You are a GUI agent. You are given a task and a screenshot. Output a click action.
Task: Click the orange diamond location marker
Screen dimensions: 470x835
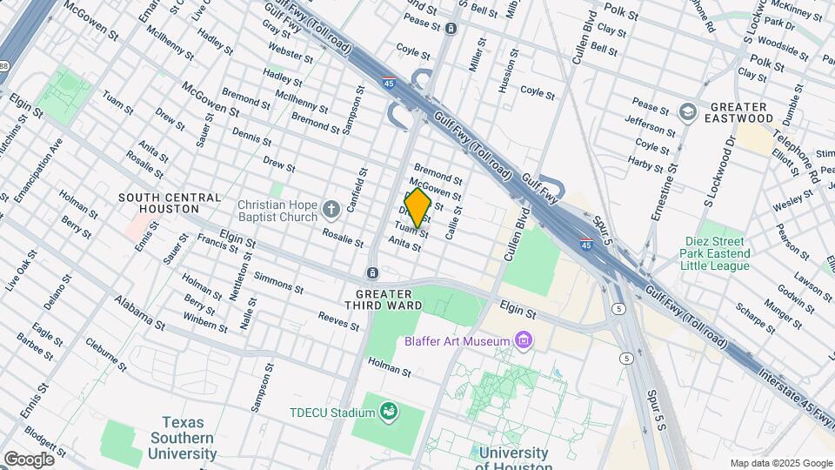coord(417,208)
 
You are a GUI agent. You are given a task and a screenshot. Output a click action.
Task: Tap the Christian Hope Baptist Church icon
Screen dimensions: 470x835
coord(331,209)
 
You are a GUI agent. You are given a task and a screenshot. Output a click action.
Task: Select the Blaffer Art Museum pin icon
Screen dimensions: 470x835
coord(524,339)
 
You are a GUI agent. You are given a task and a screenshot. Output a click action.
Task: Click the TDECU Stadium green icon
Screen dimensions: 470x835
coord(390,411)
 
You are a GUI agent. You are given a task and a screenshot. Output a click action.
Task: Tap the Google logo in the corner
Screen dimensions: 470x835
coord(29,459)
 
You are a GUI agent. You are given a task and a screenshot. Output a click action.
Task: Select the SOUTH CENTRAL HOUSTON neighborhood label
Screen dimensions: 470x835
coord(170,204)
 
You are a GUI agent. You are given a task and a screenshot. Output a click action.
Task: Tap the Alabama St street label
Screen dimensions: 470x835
coord(139,313)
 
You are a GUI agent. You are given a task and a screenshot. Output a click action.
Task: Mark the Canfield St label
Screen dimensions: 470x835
coord(353,191)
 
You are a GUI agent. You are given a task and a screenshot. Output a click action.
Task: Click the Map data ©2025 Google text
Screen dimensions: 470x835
coord(780,463)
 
